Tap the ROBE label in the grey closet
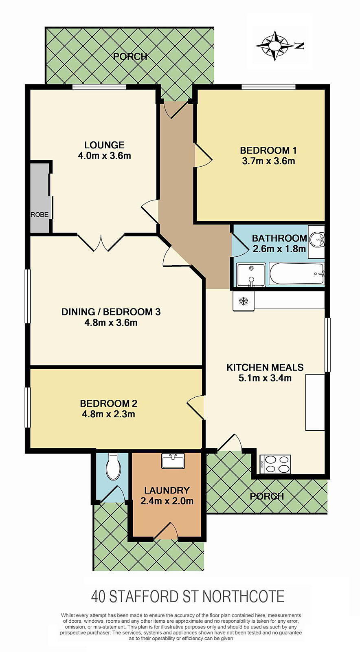click(40, 214)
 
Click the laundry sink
click(173, 461)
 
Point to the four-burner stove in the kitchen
click(275, 464)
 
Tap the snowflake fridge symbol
click(244, 301)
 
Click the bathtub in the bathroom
click(296, 274)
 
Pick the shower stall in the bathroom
click(251, 275)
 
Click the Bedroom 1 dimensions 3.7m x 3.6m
click(268, 161)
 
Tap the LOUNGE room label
click(104, 145)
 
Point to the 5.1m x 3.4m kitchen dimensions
click(265, 378)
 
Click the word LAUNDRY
click(167, 491)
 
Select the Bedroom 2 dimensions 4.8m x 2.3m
click(108, 414)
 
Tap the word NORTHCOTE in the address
click(243, 597)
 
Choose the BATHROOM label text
click(279, 238)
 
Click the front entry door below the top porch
click(176, 110)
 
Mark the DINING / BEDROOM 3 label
click(111, 312)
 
